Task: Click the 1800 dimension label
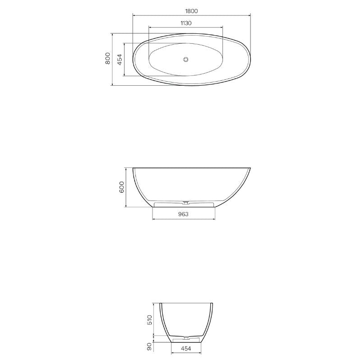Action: (191, 11)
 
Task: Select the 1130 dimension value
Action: (186, 23)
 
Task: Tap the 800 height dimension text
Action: (108, 59)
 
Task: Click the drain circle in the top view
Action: (185, 59)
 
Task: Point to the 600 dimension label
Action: (121, 188)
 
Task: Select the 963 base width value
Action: (183, 214)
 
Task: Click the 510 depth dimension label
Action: (150, 320)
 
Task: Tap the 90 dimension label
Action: (150, 347)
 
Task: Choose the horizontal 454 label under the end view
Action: (186, 348)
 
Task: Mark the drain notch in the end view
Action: (186, 337)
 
